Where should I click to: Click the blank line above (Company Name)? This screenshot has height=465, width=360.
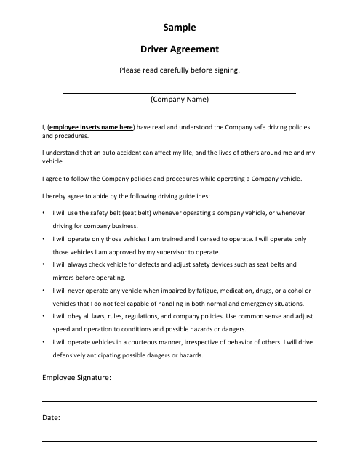point(180,93)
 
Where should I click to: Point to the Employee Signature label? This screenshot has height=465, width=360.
point(76,377)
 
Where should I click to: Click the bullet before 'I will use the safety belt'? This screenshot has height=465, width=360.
point(44,213)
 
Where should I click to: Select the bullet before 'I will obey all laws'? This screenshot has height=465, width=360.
point(44,317)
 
